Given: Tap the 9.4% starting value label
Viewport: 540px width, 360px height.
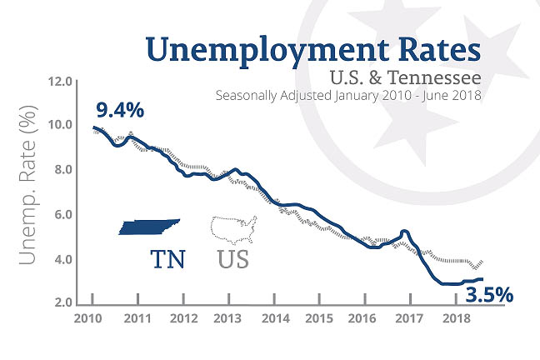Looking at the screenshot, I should (x=120, y=109).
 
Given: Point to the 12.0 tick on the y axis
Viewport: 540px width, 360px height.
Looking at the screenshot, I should (x=62, y=82).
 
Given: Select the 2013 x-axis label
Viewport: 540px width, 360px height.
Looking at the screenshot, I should (x=227, y=319).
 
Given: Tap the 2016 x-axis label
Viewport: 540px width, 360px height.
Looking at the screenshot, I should (x=363, y=319).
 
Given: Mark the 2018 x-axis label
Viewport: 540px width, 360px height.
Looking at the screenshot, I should (x=453, y=319).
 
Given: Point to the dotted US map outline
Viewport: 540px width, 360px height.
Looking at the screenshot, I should (x=235, y=226).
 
